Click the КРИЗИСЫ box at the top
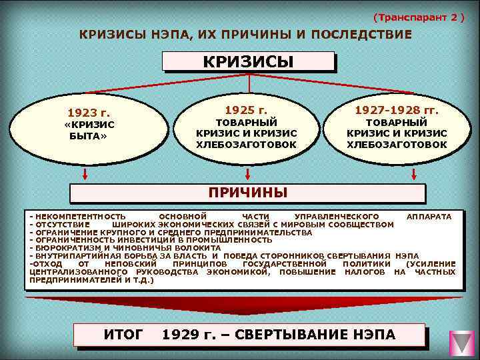(248, 62)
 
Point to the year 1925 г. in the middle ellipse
(246, 108)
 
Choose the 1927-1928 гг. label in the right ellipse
(397, 108)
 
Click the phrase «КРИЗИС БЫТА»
(89, 130)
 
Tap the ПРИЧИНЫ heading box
(248, 193)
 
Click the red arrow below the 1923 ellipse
(85, 175)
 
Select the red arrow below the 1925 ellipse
(248, 175)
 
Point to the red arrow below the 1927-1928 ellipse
(414, 175)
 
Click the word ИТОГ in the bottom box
(123, 334)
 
